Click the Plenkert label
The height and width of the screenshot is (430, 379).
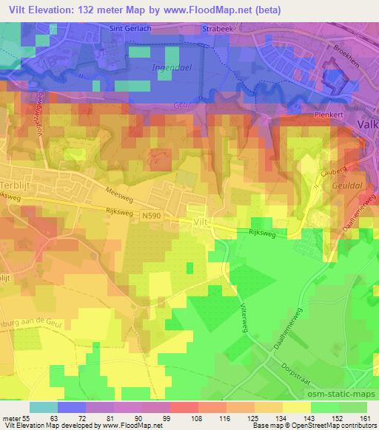click(x=323, y=115)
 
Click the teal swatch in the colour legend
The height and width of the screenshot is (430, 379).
click(x=44, y=407)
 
